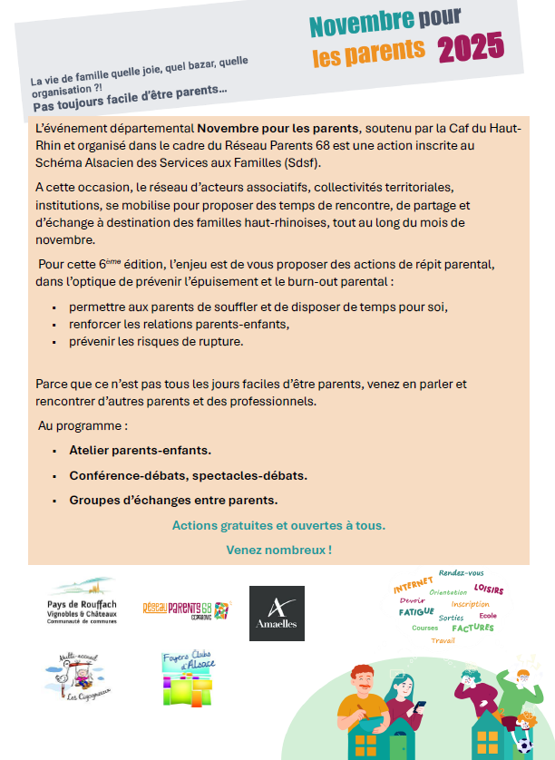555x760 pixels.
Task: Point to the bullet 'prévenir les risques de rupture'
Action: (169, 342)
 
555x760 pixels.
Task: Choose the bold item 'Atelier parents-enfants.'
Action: (141, 451)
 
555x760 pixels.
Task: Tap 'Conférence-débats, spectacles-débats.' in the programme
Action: (188, 475)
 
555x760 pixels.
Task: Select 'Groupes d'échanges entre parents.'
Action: (173, 500)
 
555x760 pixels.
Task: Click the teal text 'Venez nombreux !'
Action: (278, 550)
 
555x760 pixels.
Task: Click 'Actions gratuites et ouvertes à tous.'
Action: (278, 525)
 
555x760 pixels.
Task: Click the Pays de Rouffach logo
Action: (81, 601)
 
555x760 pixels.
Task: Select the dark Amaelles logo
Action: (277, 613)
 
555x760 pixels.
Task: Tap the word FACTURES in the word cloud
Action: (473, 628)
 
